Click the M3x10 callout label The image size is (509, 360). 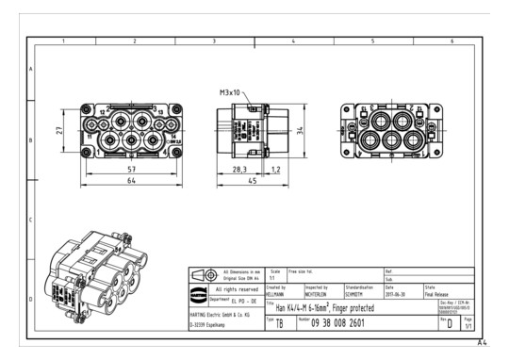point(231,93)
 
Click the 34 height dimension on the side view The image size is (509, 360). point(300,132)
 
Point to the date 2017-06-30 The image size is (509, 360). point(396,293)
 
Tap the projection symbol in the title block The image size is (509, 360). point(205,274)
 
